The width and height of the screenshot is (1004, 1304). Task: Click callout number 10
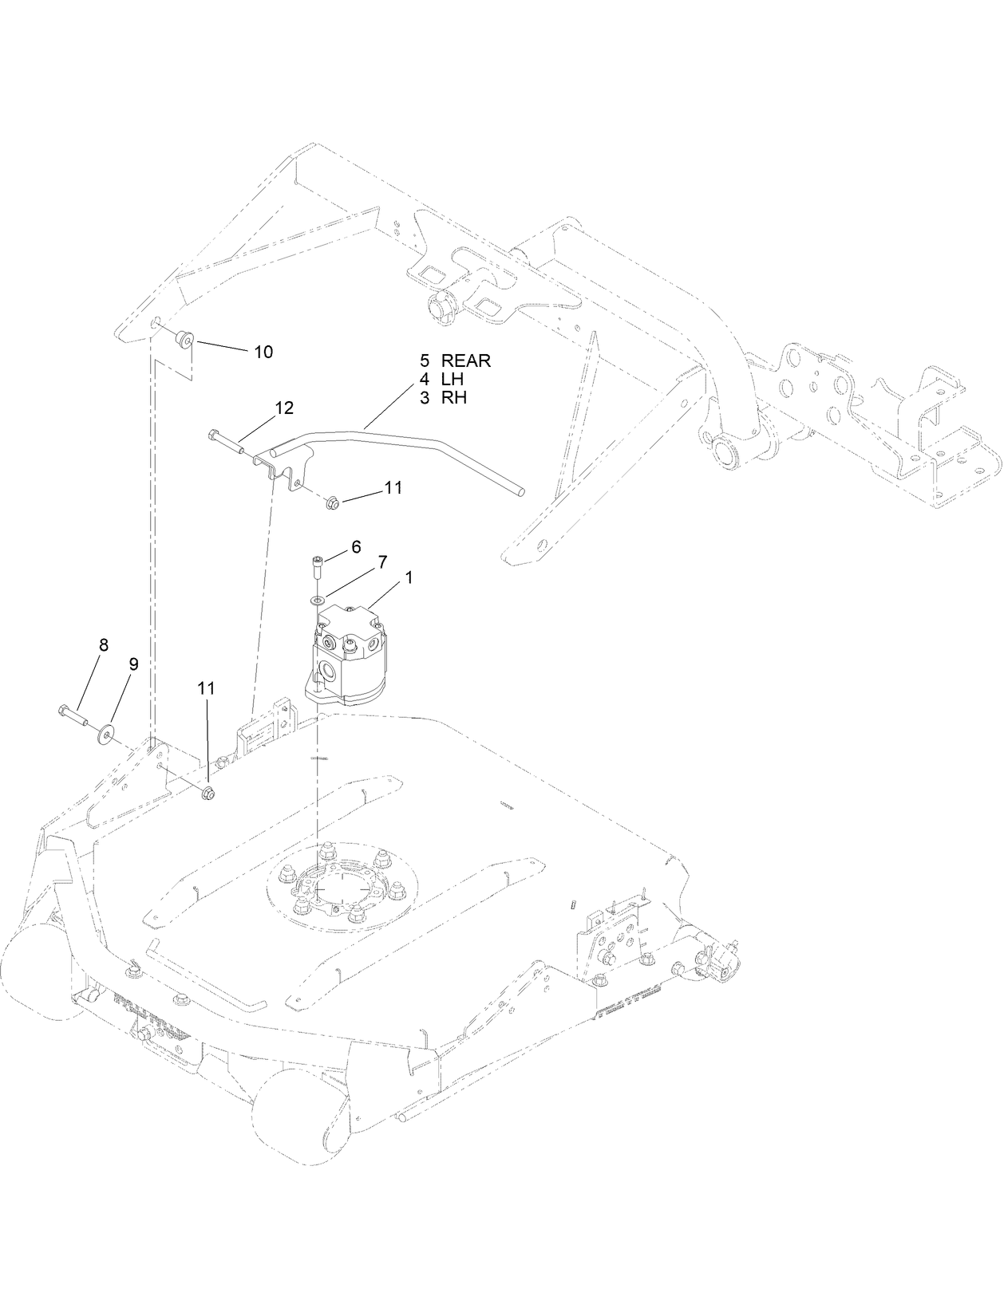click(x=263, y=352)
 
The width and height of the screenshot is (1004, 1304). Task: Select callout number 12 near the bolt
click(x=283, y=408)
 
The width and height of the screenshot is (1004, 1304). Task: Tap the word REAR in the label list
click(x=466, y=361)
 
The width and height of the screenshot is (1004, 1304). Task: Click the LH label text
click(x=452, y=380)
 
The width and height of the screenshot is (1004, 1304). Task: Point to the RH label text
click(x=453, y=398)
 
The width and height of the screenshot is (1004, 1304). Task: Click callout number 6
click(x=355, y=546)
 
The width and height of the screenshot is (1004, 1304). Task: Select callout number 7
click(x=382, y=562)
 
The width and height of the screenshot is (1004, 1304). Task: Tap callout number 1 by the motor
click(x=409, y=577)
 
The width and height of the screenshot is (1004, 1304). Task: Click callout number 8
click(x=103, y=644)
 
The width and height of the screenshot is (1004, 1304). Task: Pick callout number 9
click(x=133, y=664)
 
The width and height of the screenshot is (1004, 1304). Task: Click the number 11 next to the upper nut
click(x=392, y=487)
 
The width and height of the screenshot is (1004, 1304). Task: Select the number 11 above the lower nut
click(x=207, y=687)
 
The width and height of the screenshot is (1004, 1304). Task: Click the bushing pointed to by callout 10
click(x=184, y=342)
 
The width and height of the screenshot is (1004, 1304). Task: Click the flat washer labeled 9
click(x=106, y=732)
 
